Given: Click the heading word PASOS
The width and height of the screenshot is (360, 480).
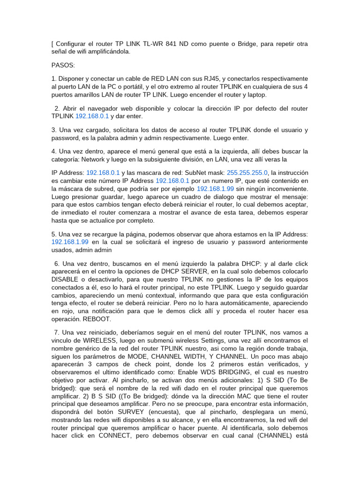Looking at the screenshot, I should click(x=63, y=65).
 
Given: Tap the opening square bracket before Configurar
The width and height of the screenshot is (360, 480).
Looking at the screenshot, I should click(x=52, y=44).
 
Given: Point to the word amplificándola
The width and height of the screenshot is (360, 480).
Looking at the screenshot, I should click(x=105, y=52).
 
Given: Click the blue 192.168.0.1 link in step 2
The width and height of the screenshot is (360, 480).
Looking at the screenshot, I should click(x=92, y=116).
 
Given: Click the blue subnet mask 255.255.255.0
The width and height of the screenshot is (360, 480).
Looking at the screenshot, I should click(x=247, y=172).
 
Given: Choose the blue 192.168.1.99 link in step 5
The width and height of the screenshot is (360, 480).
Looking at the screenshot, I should click(x=70, y=241).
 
